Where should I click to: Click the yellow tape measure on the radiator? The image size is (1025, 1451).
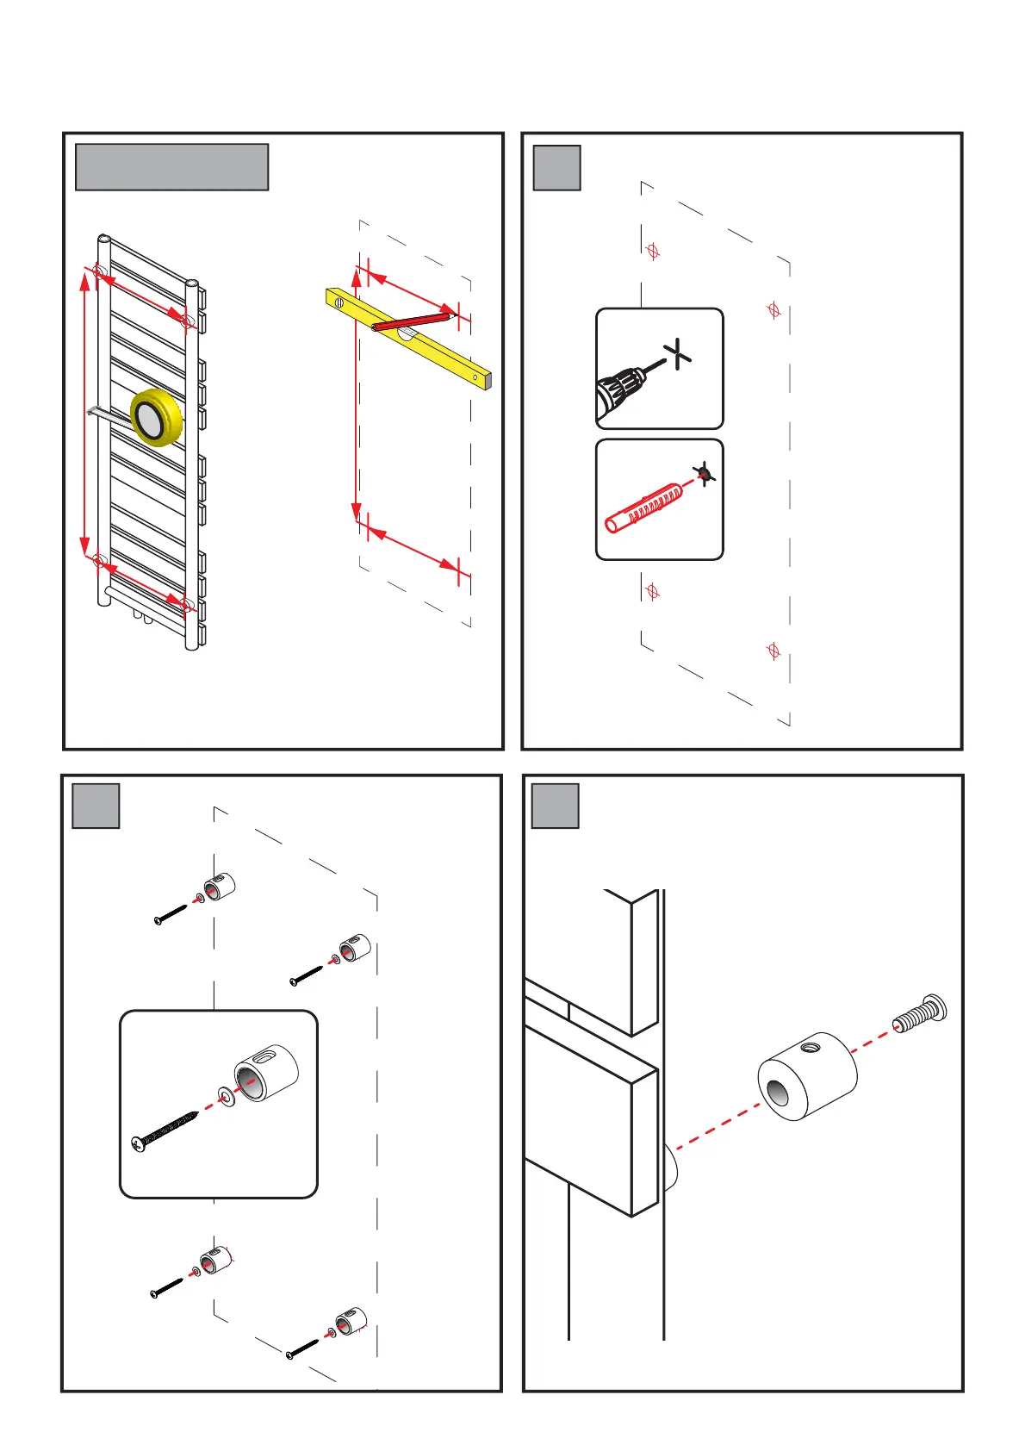click(x=156, y=418)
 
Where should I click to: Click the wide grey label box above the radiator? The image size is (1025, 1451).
click(x=171, y=167)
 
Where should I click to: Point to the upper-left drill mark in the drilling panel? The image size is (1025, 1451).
click(x=653, y=252)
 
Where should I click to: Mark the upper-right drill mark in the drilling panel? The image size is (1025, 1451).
click(x=773, y=310)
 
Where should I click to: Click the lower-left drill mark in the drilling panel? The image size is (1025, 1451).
click(x=653, y=592)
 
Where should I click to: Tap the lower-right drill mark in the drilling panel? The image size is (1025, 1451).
click(x=773, y=651)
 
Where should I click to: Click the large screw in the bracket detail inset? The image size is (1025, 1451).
click(x=165, y=1131)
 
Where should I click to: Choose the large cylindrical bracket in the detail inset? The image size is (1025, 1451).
click(x=267, y=1072)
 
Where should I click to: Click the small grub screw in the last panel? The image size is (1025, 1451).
click(x=919, y=1012)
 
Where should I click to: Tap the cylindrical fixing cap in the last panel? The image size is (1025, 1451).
click(x=807, y=1077)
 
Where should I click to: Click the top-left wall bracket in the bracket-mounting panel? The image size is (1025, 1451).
click(x=219, y=887)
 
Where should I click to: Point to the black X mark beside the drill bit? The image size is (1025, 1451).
click(x=679, y=353)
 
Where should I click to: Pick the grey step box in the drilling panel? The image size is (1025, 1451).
click(x=556, y=167)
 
